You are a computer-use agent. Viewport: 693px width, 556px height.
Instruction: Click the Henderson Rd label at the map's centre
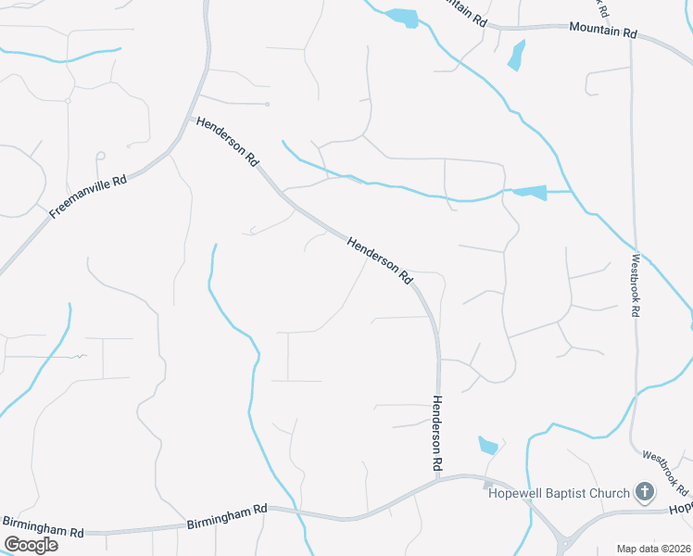pyautogui.click(x=379, y=259)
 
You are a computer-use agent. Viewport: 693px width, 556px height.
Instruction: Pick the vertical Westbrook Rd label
pyautogui.click(x=636, y=286)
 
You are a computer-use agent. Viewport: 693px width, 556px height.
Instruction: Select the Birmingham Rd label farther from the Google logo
pyautogui.click(x=227, y=509)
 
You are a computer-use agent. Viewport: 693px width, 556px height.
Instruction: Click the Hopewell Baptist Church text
pyautogui.click(x=559, y=493)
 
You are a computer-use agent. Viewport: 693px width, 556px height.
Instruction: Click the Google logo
pyautogui.click(x=31, y=545)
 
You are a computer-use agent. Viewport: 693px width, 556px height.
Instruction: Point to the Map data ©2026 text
pyautogui.click(x=653, y=548)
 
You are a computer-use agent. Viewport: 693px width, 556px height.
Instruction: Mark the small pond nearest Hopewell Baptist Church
pyautogui.click(x=488, y=445)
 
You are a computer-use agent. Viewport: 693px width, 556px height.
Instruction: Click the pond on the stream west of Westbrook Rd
pyautogui.click(x=529, y=193)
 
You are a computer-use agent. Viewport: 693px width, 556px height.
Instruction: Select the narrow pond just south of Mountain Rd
pyautogui.click(x=516, y=55)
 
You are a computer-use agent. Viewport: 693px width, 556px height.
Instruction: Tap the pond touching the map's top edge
pyautogui.click(x=402, y=17)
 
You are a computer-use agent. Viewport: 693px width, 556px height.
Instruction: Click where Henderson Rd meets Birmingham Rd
pyautogui.click(x=437, y=479)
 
